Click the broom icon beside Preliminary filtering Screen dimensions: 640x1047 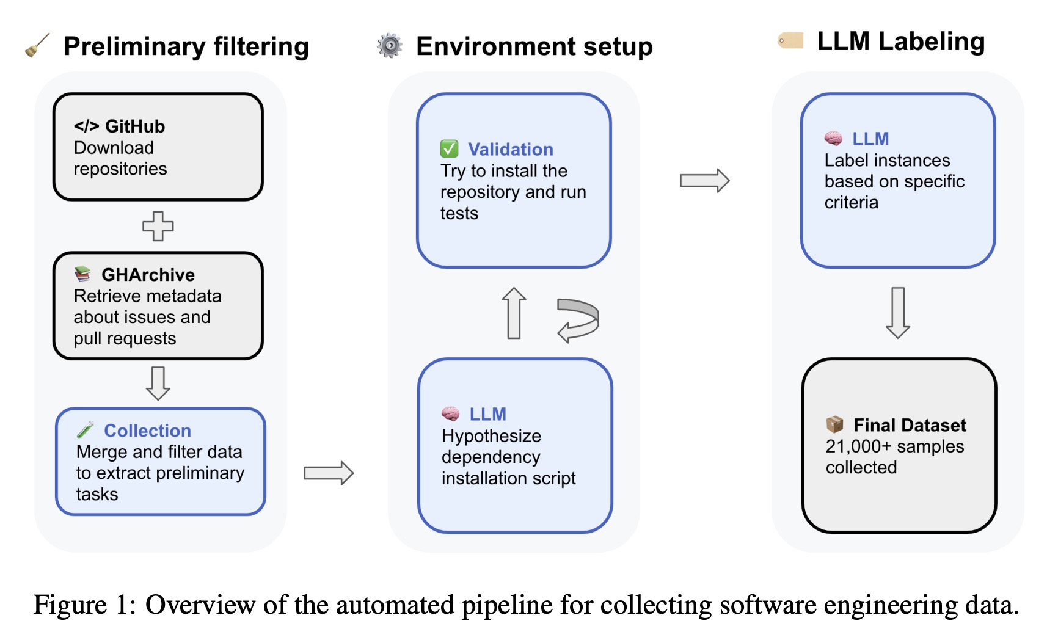coord(37,45)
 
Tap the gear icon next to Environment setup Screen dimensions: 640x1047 coord(390,45)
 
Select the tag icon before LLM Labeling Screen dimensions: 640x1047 coord(790,41)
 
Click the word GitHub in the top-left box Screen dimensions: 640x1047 coord(135,126)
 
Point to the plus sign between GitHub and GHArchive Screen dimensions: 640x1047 coord(158,226)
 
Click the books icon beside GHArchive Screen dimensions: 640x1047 coord(82,274)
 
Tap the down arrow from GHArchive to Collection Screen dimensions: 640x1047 coord(158,383)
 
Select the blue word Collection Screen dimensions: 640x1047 coord(147,431)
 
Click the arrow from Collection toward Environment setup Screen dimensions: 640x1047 coord(329,473)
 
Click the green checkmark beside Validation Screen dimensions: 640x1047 coord(449,148)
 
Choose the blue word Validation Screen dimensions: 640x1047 coord(511,149)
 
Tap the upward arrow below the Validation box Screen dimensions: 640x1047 coord(514,313)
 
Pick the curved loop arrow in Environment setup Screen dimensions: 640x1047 coord(578,320)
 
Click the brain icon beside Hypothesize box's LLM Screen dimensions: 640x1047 coord(451,414)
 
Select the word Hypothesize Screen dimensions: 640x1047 coord(491,435)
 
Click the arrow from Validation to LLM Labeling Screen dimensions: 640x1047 coord(704,181)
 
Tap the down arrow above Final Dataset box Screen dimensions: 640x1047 coord(898,313)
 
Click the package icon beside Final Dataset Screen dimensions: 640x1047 coord(834,424)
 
